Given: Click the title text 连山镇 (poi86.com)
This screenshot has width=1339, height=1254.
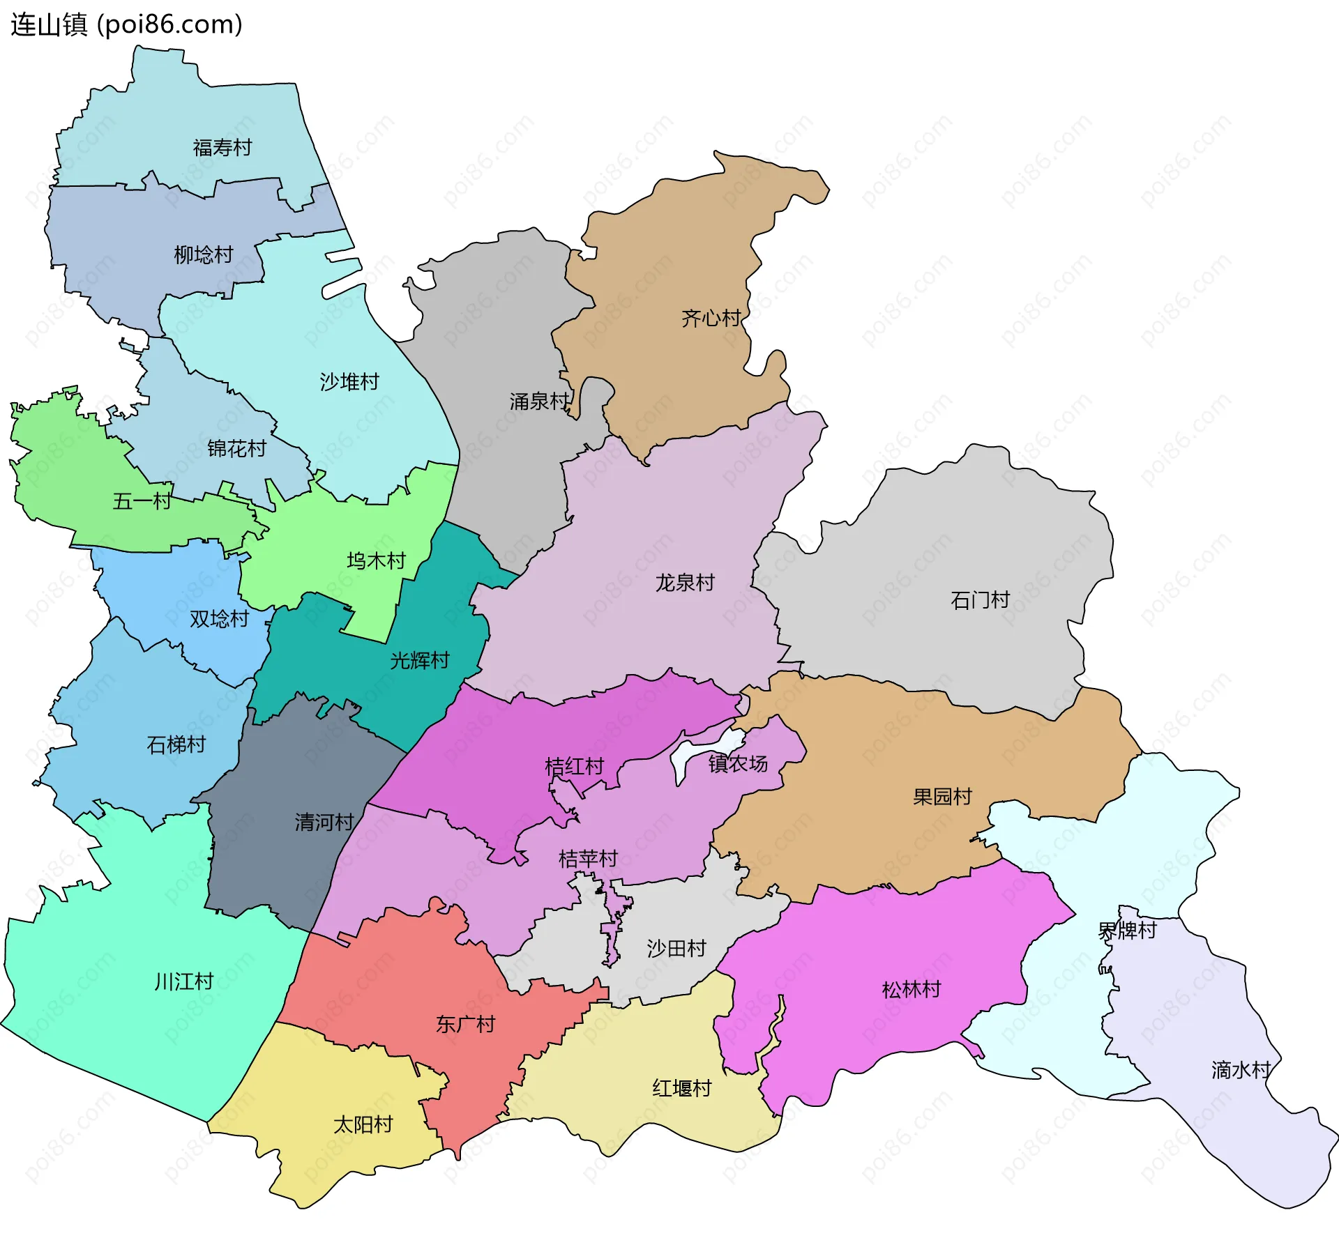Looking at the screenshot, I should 126,25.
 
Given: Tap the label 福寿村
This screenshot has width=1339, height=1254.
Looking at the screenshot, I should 222,148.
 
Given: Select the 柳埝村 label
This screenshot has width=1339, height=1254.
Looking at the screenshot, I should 203,254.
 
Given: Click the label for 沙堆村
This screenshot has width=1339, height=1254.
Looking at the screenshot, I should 349,381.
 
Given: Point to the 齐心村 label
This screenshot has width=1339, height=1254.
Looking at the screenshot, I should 711,319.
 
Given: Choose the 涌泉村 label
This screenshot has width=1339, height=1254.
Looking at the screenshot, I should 539,401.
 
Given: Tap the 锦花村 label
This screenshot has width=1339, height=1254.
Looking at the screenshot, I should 236,448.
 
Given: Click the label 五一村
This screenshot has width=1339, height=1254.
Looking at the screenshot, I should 142,501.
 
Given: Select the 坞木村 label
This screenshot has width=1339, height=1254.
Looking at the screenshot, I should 376,560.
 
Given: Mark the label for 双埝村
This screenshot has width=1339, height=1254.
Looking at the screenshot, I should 219,618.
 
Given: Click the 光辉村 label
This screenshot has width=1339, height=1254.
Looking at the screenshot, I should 419,660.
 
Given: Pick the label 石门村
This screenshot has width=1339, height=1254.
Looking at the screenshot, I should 980,599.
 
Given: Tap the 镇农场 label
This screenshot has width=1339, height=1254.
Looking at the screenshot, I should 738,763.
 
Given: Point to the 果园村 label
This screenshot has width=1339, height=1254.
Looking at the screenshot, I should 942,796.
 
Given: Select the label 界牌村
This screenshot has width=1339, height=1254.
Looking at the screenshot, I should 1127,930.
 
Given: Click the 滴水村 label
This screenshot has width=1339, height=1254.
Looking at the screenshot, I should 1241,1069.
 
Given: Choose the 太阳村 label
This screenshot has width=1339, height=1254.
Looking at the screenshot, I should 363,1124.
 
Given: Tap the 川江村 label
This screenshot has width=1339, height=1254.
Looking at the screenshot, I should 183,981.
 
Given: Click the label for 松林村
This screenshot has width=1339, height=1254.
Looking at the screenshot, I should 911,989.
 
